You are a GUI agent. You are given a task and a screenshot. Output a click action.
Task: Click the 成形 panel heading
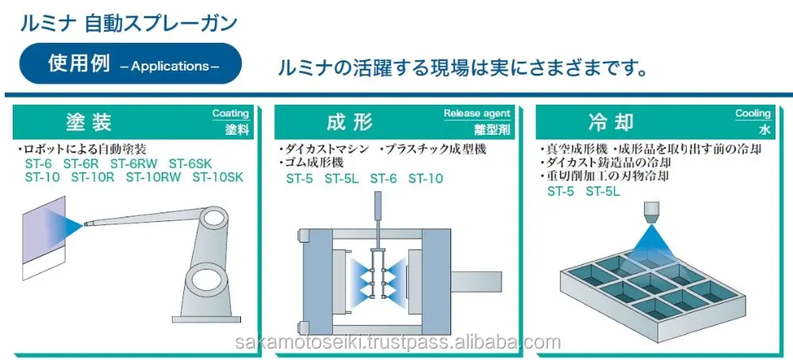(349, 122)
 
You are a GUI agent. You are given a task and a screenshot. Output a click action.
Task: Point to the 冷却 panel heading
(611, 122)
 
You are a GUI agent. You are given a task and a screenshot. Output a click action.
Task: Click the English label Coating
(231, 113)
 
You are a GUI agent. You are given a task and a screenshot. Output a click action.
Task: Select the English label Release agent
(477, 113)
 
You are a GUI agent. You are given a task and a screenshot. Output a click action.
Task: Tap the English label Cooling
(753, 113)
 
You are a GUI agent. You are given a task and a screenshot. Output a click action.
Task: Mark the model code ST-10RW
(154, 177)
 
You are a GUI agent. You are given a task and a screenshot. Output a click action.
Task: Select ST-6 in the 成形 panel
(384, 178)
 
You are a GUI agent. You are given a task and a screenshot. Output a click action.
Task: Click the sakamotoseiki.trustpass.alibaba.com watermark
(397, 343)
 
